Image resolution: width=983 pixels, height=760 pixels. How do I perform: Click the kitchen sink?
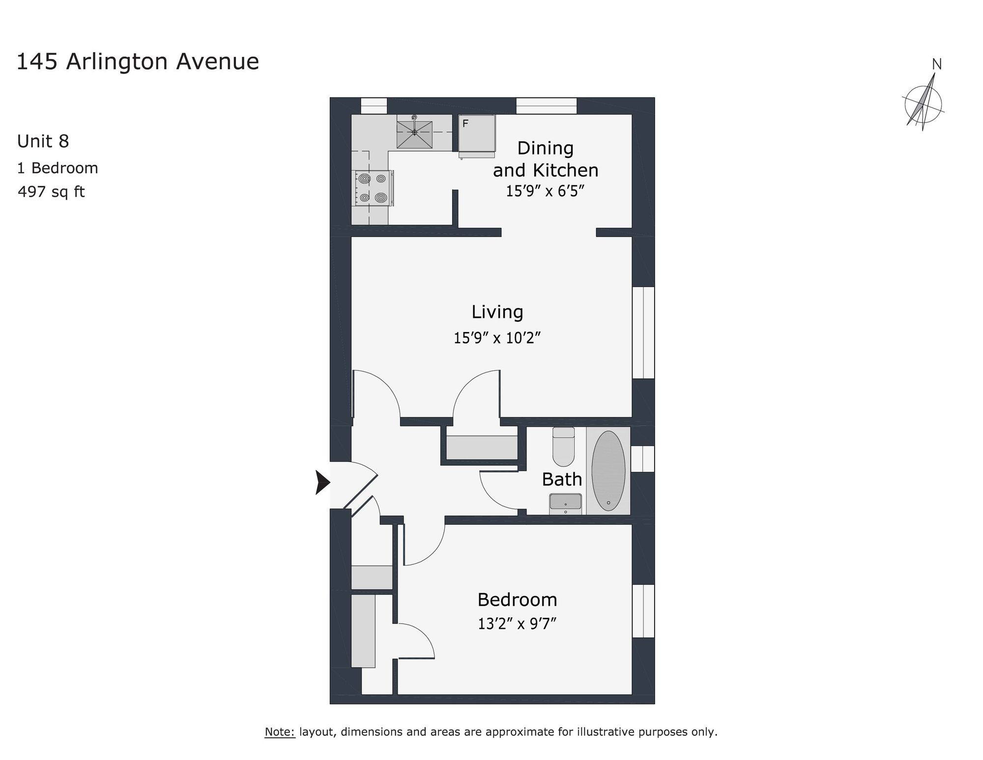[414, 131]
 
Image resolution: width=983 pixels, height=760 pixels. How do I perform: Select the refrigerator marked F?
[476, 134]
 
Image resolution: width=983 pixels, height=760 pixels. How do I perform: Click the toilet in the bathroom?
[563, 447]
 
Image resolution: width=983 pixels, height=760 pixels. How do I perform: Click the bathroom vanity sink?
[565, 504]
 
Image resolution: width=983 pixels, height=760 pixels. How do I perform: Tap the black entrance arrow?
[322, 482]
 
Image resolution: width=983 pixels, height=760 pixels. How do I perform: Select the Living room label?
[497, 312]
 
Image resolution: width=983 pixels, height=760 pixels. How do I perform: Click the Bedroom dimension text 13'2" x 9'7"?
[517, 624]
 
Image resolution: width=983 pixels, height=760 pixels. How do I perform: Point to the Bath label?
[562, 479]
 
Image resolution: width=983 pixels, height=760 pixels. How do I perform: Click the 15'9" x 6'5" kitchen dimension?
[545, 191]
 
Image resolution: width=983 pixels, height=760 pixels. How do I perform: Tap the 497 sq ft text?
[51, 191]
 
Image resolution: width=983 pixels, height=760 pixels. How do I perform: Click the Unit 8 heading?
[43, 142]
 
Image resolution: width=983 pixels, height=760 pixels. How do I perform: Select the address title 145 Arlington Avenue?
[138, 62]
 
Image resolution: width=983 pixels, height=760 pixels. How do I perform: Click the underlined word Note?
[279, 731]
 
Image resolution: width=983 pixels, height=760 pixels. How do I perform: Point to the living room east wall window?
[643, 333]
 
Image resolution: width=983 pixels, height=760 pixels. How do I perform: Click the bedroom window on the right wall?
[643, 610]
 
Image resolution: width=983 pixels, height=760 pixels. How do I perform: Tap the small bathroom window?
[643, 458]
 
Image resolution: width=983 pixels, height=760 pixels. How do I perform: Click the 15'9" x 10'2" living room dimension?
[497, 338]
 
